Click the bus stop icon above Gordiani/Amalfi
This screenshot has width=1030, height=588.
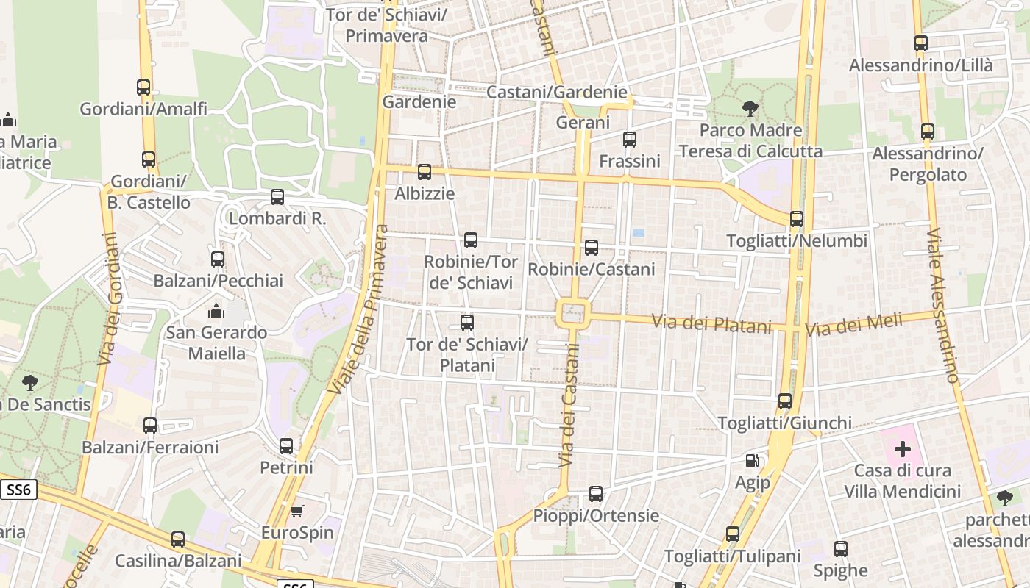click(143, 87)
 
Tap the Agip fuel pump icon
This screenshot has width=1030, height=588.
click(752, 461)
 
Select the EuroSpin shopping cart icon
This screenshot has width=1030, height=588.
click(297, 511)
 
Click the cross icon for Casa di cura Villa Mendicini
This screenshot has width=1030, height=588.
click(903, 448)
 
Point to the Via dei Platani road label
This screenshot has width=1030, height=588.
click(711, 323)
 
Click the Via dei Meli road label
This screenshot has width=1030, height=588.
click(853, 324)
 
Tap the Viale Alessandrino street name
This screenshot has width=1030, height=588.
click(943, 305)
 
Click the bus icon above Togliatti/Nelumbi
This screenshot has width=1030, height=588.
click(797, 219)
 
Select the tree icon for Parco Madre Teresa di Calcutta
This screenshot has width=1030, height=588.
click(750, 109)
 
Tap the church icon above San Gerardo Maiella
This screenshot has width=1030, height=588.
click(216, 311)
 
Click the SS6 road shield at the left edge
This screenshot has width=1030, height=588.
click(18, 490)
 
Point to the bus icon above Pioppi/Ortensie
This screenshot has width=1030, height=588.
click(596, 494)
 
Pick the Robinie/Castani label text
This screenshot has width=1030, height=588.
click(592, 269)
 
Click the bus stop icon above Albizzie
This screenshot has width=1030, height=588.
click(425, 172)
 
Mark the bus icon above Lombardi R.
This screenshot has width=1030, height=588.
click(277, 197)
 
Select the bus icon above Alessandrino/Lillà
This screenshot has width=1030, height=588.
click(921, 43)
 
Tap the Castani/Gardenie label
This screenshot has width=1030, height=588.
click(557, 92)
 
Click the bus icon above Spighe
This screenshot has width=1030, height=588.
click(841, 549)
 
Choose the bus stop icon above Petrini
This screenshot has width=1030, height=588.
click(286, 446)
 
